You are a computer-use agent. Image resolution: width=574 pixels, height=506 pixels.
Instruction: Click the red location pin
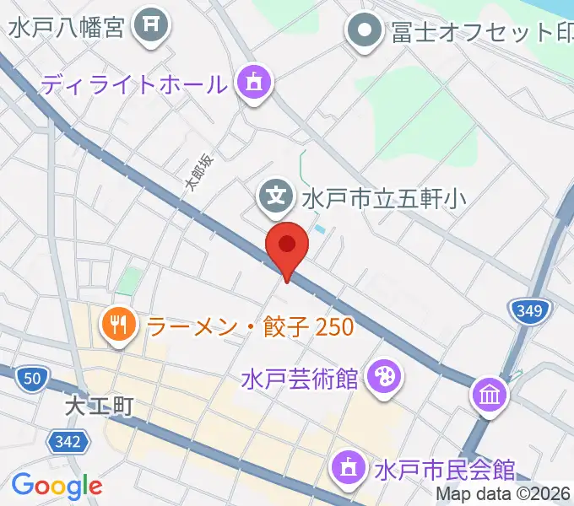pos(287,246)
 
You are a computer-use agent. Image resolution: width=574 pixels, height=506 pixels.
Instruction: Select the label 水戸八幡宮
pos(67,27)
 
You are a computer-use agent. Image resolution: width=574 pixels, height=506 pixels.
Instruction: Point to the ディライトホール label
pos(134,84)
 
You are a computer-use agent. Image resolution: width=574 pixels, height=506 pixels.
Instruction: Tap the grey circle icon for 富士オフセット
pos(365,32)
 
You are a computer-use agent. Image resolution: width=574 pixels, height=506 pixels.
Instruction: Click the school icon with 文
pos(275,197)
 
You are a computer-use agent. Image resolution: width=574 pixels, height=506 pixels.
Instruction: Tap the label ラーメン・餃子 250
pos(250,326)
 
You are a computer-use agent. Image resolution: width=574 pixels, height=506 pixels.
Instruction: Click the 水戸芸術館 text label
pos(299,378)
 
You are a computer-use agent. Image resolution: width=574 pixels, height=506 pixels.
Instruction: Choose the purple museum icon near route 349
pos(490,393)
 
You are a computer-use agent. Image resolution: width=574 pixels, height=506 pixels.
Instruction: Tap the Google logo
pos(57,485)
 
